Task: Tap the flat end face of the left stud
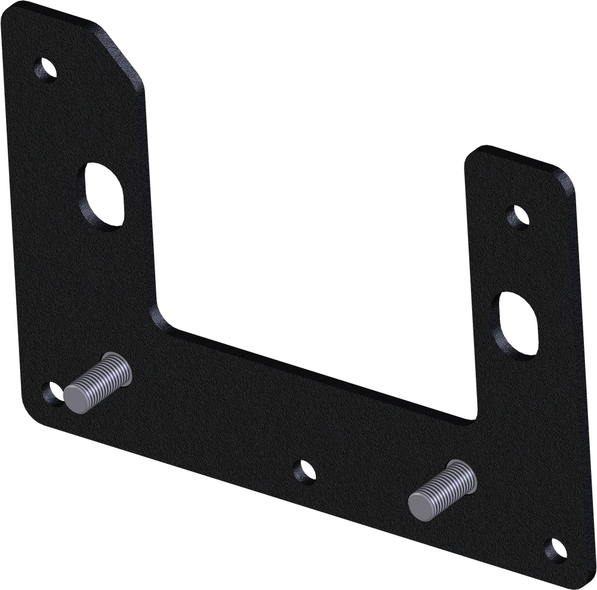coord(77,398)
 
